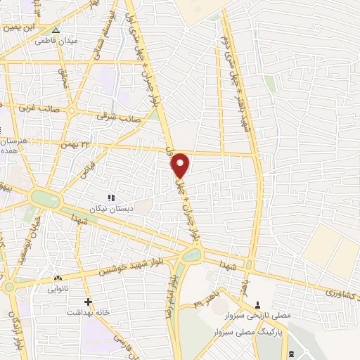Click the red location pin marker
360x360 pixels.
tap(181, 165)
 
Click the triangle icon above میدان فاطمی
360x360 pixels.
tap(56, 30)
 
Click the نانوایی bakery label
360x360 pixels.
tap(58, 288)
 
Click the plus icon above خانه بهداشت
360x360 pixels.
tap(87, 302)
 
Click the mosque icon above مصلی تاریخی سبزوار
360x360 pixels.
tap(258, 305)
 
